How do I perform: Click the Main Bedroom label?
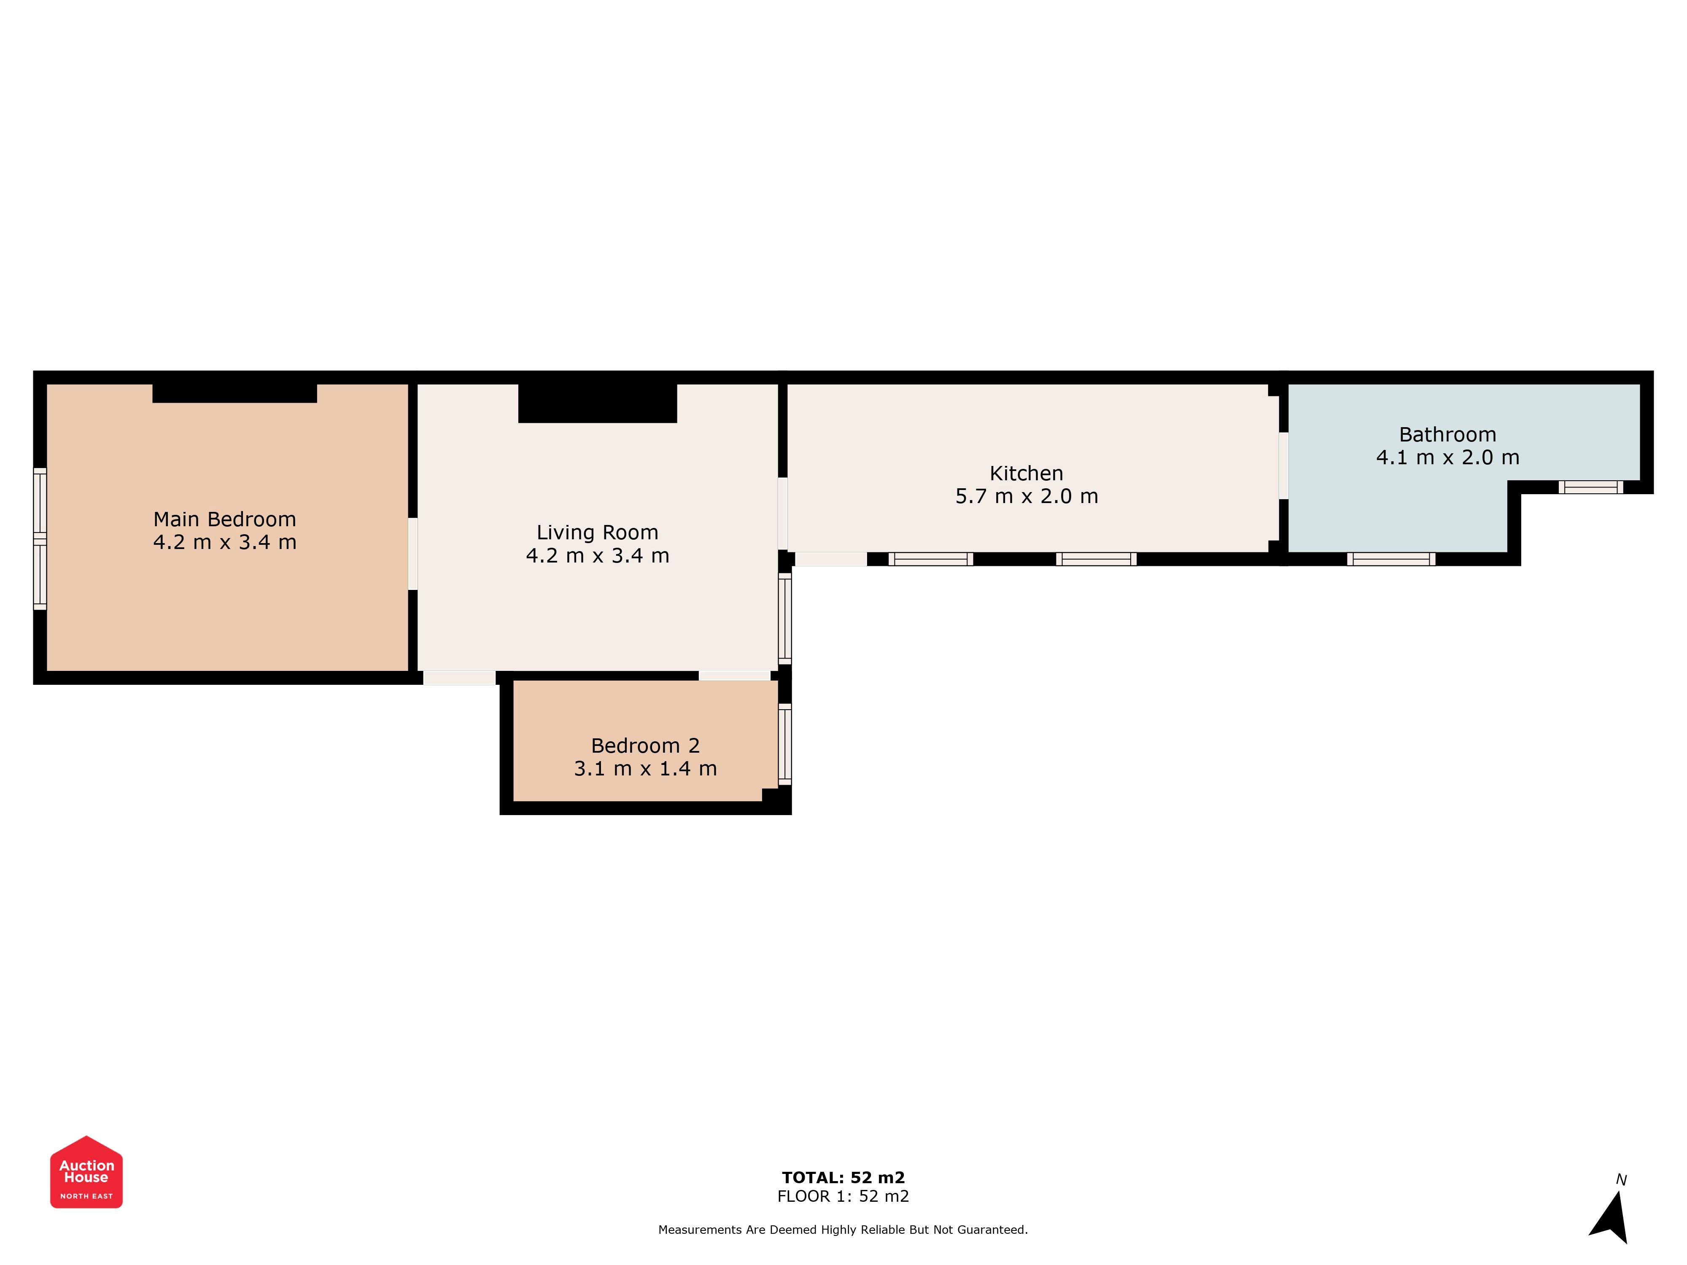[x=224, y=519]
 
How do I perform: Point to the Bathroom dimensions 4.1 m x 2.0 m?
[x=1447, y=458]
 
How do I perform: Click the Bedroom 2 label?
[x=645, y=746]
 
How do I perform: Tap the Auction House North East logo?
[x=86, y=1172]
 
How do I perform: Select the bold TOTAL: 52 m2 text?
[x=843, y=1178]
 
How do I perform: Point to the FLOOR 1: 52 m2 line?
[x=843, y=1196]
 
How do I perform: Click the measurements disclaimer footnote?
[x=843, y=1230]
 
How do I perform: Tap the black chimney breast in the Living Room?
[x=598, y=404]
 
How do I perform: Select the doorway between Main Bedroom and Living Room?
[x=412, y=554]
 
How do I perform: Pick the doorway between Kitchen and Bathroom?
[x=1283, y=466]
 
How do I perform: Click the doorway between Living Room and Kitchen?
[x=782, y=514]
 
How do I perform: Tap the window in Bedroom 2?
[x=785, y=744]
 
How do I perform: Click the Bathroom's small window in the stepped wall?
[x=1591, y=487]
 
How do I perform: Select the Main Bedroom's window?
[x=40, y=538]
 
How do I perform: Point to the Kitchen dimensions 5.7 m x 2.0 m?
[x=1027, y=496]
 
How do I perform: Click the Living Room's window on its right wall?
[x=785, y=619]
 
